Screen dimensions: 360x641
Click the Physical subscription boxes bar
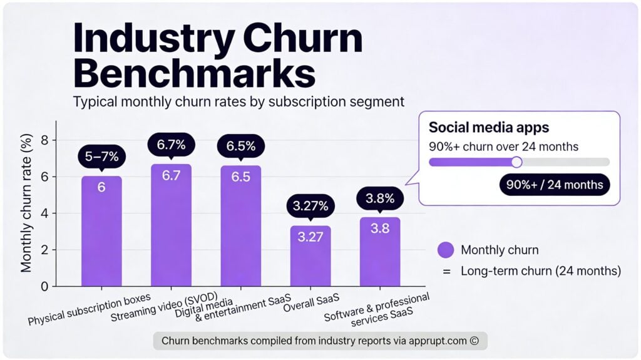(101, 232)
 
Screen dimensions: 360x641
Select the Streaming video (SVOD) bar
(171, 225)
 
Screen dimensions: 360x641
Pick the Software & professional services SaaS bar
(380, 252)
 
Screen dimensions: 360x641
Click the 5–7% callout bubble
(101, 157)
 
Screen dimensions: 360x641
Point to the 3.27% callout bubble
(310, 206)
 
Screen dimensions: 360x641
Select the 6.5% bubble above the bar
(241, 146)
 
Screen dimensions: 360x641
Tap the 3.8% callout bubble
(380, 199)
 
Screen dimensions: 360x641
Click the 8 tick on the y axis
(44, 140)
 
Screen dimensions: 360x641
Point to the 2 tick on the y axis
(44, 250)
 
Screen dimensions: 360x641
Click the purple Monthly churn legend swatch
(446, 250)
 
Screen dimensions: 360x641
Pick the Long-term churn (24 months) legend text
(541, 271)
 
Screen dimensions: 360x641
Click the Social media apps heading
(488, 128)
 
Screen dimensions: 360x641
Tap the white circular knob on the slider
(516, 162)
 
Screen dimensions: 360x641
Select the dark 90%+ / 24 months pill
(554, 184)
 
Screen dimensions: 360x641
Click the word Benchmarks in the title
(194, 73)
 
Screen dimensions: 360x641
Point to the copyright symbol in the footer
(474, 341)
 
